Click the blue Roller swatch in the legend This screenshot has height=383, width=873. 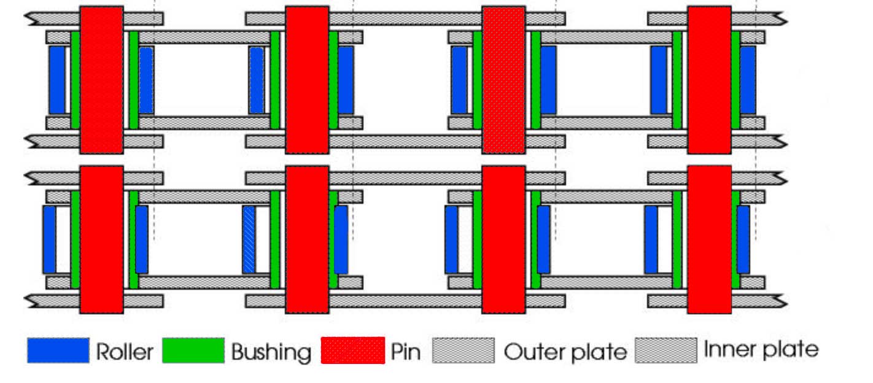[x=58, y=350]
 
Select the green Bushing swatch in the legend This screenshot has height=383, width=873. [x=193, y=350]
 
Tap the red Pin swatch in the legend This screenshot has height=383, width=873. [x=353, y=350]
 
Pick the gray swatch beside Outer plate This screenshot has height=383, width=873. [x=464, y=350]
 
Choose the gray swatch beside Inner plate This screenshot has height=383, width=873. [x=666, y=350]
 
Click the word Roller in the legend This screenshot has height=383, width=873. [x=124, y=352]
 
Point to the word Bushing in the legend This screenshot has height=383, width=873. [x=271, y=352]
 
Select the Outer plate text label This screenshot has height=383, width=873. [x=565, y=352]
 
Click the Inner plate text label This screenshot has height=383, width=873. [x=761, y=350]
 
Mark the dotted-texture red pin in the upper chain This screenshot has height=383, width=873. [x=503, y=80]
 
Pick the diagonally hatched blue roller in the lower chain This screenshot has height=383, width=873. [x=249, y=239]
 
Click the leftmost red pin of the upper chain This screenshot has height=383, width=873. [x=101, y=80]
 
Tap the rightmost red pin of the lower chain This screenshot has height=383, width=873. [x=709, y=239]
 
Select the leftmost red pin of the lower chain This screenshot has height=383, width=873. [x=101, y=239]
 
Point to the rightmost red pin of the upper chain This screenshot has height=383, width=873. [x=709, y=80]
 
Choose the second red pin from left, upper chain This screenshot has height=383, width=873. [x=307, y=80]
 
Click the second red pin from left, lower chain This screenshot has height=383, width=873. [x=307, y=239]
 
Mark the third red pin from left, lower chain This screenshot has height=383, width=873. [x=503, y=239]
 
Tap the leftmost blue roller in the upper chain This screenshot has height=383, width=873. [x=57, y=80]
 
